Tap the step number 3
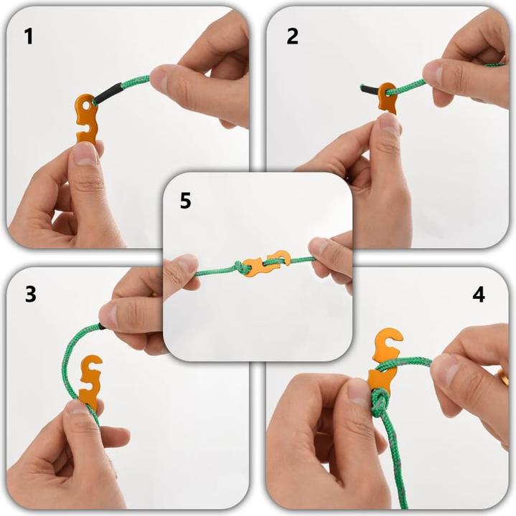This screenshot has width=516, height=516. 30,294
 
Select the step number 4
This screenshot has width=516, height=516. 479,294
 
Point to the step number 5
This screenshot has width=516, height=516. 186,201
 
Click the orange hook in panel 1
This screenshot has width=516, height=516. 87,119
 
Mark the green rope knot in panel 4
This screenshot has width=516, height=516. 380,401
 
